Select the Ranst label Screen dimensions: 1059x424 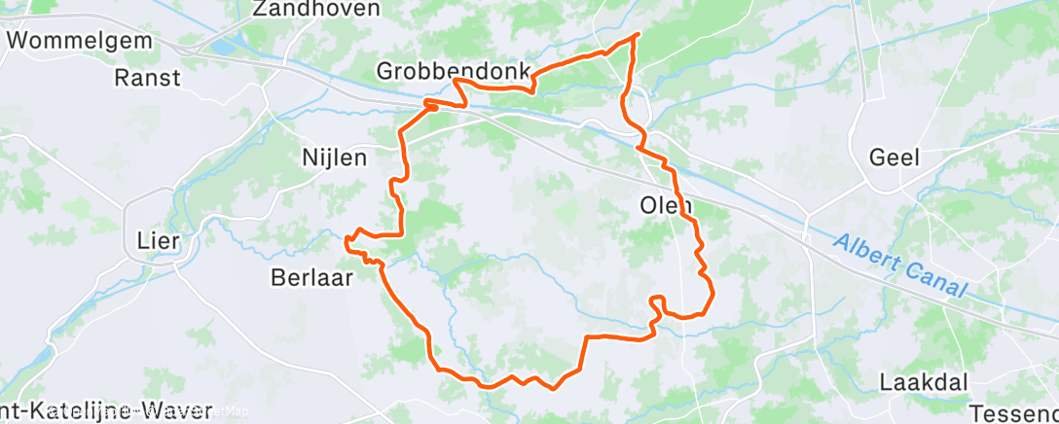148,77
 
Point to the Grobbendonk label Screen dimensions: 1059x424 453,71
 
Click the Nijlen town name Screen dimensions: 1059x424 334,156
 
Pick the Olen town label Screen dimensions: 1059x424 666,206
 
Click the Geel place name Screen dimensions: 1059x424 895,158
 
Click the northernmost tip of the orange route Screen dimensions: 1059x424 638,35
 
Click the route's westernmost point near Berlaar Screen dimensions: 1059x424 347,235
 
